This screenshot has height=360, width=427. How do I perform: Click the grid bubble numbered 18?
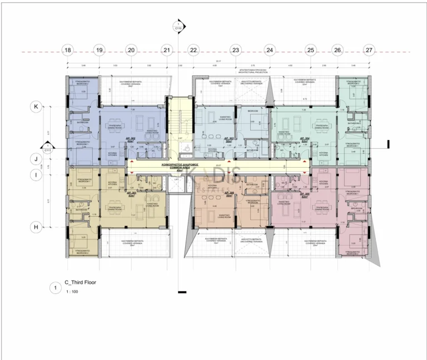coord(67,51)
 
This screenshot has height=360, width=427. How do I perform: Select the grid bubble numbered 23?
coord(235,51)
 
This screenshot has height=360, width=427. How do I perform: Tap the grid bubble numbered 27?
coord(369,51)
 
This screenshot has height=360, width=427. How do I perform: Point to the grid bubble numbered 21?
coord(167,51)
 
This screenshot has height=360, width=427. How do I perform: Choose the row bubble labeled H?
coord(36,227)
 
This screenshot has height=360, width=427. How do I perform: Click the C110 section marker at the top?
coord(178,25)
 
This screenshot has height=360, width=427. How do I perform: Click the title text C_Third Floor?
coord(81,282)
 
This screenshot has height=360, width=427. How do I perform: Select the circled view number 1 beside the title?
coord(54,287)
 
